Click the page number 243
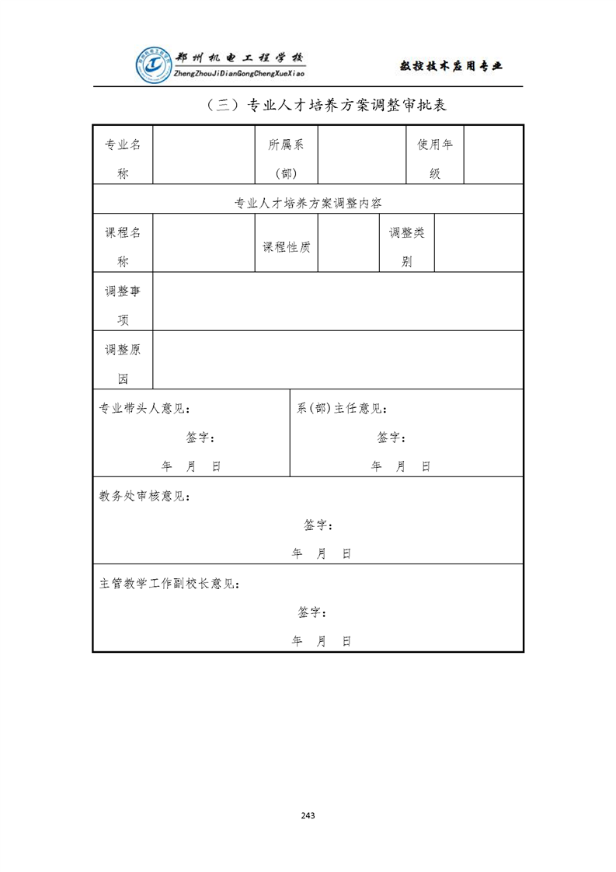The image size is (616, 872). (308, 815)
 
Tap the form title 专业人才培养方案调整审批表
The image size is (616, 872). (326, 106)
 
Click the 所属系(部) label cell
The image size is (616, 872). (286, 159)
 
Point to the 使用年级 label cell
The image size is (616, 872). (435, 159)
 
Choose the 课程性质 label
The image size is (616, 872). (286, 247)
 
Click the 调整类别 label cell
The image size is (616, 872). (407, 247)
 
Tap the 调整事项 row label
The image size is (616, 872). (123, 305)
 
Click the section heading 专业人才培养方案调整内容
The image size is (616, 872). (308, 204)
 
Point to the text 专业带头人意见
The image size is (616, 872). (144, 409)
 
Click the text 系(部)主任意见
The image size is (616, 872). (342, 409)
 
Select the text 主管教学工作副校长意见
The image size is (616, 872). (169, 584)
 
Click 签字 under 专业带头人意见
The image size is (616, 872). (200, 438)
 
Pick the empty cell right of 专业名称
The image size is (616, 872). (204, 155)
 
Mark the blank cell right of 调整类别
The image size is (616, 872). (478, 242)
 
